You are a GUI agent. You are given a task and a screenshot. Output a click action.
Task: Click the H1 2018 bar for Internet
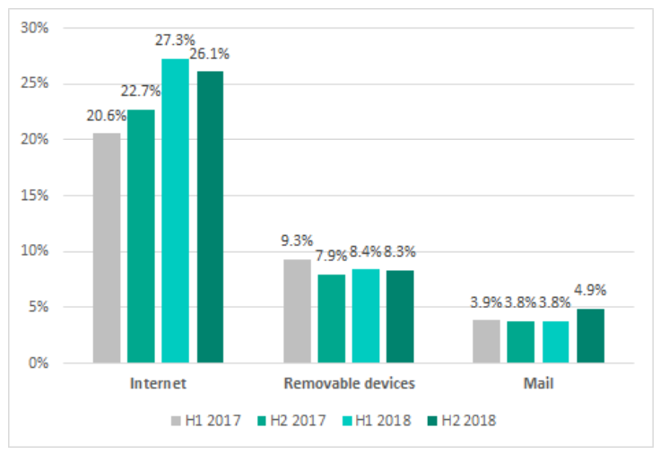point(175,211)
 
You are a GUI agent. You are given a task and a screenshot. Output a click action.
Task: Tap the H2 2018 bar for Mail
point(590,336)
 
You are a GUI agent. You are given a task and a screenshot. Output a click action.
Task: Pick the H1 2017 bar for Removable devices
point(297,310)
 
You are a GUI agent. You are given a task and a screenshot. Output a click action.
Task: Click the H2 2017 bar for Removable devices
point(331,319)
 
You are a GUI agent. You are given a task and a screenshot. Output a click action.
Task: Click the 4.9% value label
point(591,290)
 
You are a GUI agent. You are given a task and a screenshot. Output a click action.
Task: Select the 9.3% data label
point(296,240)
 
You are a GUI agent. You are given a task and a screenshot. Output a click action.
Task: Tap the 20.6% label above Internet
point(108,115)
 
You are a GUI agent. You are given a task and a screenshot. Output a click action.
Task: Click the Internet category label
point(157,384)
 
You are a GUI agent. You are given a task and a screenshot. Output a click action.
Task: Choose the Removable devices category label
point(349,384)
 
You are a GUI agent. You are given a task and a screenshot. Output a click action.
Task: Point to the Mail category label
point(539,384)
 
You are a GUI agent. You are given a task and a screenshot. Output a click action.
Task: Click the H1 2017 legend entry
point(206,420)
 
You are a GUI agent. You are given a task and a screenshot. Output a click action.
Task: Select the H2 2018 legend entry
point(463,420)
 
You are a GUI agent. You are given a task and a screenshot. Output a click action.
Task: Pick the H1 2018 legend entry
point(377,420)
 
